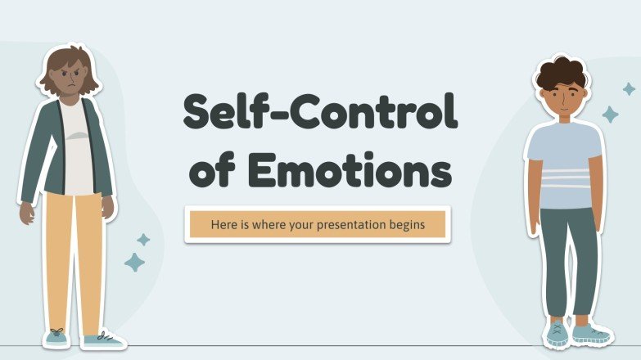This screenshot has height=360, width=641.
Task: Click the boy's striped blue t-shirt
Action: (x=564, y=164)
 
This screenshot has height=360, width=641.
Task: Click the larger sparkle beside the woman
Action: (x=134, y=262)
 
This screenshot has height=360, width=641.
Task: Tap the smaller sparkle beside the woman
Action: (x=143, y=240)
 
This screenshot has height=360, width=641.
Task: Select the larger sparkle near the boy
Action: (x=611, y=114)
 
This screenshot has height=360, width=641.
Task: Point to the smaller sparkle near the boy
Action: (x=629, y=88)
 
